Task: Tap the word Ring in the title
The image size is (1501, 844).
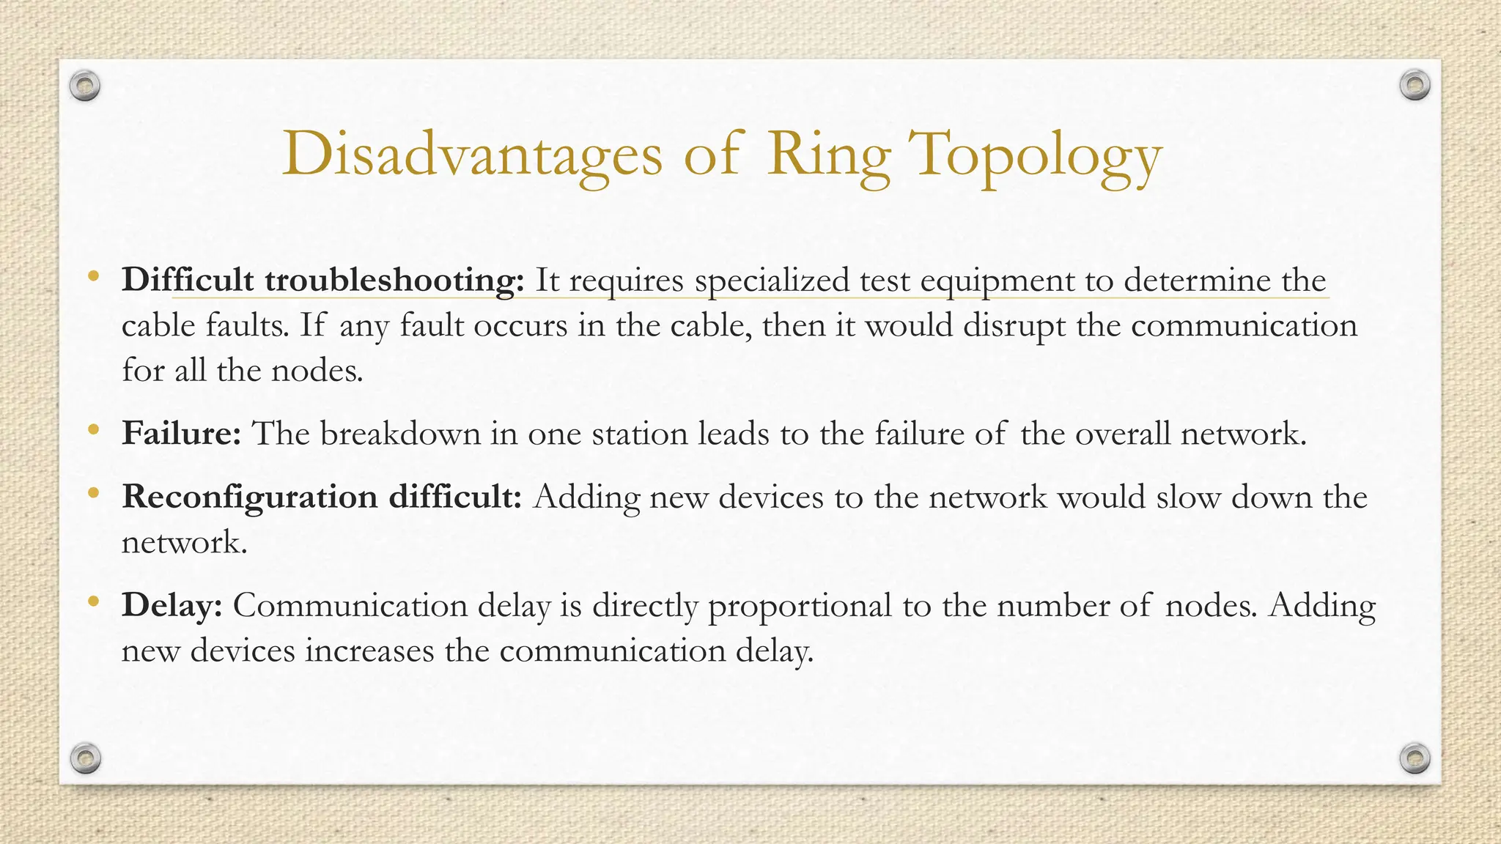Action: tap(828, 155)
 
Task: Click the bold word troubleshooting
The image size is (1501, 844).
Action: tap(394, 281)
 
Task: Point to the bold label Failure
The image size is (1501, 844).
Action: tap(181, 433)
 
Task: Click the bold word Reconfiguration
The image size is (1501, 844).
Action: tap(249, 497)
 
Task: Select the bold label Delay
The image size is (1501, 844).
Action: tap(172, 606)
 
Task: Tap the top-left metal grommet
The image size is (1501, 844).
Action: tap(85, 86)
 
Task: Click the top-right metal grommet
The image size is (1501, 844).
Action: tap(1415, 86)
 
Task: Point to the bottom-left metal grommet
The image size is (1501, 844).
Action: tap(85, 758)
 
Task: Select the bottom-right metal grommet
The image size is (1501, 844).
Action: tap(1415, 758)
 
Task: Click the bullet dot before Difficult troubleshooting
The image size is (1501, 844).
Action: tap(92, 277)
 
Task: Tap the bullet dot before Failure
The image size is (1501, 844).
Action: tap(92, 430)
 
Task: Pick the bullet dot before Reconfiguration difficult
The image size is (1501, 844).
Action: tap(92, 494)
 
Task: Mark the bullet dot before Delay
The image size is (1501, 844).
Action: tap(92, 602)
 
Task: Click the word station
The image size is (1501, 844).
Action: tap(638, 434)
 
